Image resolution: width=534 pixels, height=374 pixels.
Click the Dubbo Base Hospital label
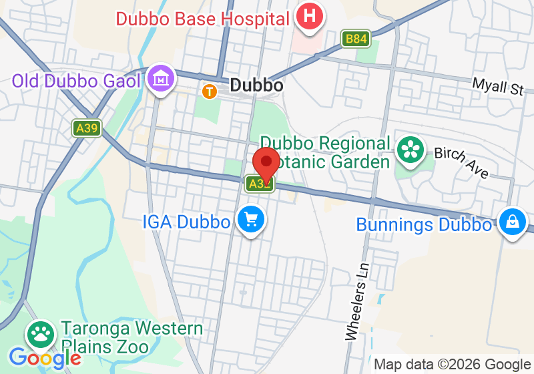point(202,18)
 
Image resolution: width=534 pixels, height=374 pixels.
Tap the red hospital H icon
point(309,16)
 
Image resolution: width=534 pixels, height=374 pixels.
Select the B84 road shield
point(355,39)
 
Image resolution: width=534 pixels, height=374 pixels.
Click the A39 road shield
point(87,128)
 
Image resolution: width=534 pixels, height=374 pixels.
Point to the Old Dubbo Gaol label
point(76,81)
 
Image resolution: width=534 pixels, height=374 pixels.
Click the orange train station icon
point(210,90)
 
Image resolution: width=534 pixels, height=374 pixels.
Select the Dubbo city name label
point(256,85)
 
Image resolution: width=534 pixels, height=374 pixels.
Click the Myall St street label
point(498,86)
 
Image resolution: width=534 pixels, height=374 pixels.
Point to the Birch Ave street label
point(461,162)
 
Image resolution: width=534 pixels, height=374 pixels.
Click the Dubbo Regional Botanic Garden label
point(325,152)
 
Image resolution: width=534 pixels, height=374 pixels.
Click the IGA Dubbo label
point(186,221)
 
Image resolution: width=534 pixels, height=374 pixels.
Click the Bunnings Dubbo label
point(424,224)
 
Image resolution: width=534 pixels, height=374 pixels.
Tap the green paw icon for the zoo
point(41,335)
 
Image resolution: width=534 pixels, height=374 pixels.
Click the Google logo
point(44,358)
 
